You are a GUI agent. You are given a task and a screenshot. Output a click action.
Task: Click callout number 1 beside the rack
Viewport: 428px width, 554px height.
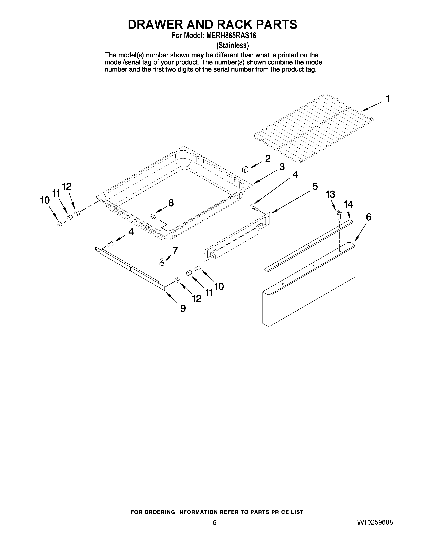[387, 99]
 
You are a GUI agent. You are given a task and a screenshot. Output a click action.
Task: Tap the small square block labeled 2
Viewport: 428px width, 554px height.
[245, 169]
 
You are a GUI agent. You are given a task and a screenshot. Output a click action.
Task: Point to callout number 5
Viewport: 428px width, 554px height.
[315, 187]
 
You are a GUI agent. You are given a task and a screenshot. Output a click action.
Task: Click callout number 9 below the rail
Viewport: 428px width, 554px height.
[183, 308]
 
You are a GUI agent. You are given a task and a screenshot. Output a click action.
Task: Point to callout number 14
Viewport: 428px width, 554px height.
[348, 204]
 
